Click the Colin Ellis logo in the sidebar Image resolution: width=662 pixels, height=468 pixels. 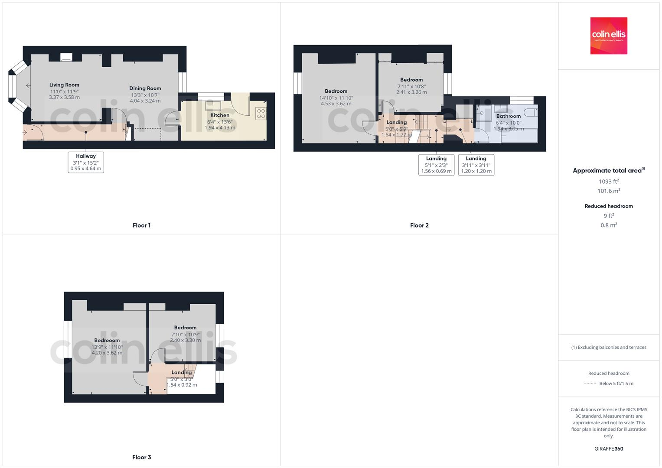(x=608, y=36)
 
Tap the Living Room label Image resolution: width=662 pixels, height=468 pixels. (x=64, y=85)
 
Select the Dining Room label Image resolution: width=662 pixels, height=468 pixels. (x=145, y=88)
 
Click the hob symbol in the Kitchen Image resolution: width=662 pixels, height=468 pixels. (x=261, y=114)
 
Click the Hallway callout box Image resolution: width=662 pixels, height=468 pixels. (x=86, y=162)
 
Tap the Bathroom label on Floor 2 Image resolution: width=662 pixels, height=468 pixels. (x=508, y=116)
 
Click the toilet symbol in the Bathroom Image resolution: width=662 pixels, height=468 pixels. (x=530, y=113)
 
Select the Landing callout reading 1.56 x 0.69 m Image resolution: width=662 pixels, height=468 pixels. (x=436, y=165)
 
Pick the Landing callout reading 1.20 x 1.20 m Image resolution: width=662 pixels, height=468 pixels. (x=476, y=165)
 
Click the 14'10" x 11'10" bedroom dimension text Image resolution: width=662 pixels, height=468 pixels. (x=336, y=98)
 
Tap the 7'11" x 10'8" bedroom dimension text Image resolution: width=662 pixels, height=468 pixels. (x=411, y=86)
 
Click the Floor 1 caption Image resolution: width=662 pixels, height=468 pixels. (x=141, y=225)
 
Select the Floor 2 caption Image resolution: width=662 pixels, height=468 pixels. (x=419, y=225)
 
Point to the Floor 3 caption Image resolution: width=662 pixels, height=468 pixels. (x=141, y=457)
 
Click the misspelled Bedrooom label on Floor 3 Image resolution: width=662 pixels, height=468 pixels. (x=107, y=341)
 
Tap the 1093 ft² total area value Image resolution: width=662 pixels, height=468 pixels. (x=609, y=182)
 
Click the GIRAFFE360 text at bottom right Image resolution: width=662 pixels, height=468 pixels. (x=609, y=449)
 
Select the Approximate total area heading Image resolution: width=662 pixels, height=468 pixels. (x=608, y=171)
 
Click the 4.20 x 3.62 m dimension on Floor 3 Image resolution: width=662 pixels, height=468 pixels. (x=107, y=353)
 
